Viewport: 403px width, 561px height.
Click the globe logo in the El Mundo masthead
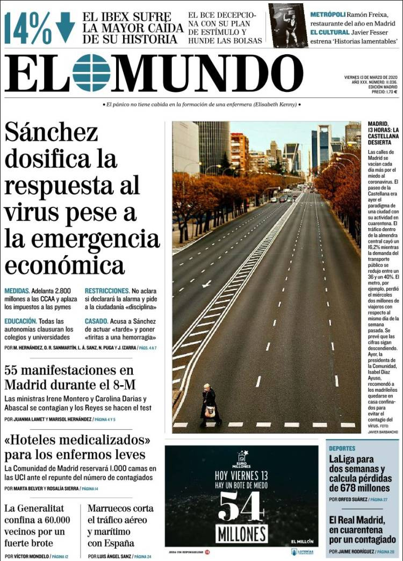coord(91,73)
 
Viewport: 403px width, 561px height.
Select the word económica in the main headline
coord(64,265)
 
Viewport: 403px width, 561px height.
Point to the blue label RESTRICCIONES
coord(107,291)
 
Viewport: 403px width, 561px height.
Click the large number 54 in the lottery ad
coord(242,506)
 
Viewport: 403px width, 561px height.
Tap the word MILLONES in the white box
coord(242,534)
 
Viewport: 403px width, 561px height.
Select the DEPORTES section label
coord(342,448)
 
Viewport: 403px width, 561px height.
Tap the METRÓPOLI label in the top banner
coord(327,15)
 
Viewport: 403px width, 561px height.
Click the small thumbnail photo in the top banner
coord(288,25)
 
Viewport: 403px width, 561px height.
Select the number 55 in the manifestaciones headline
coord(13,370)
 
